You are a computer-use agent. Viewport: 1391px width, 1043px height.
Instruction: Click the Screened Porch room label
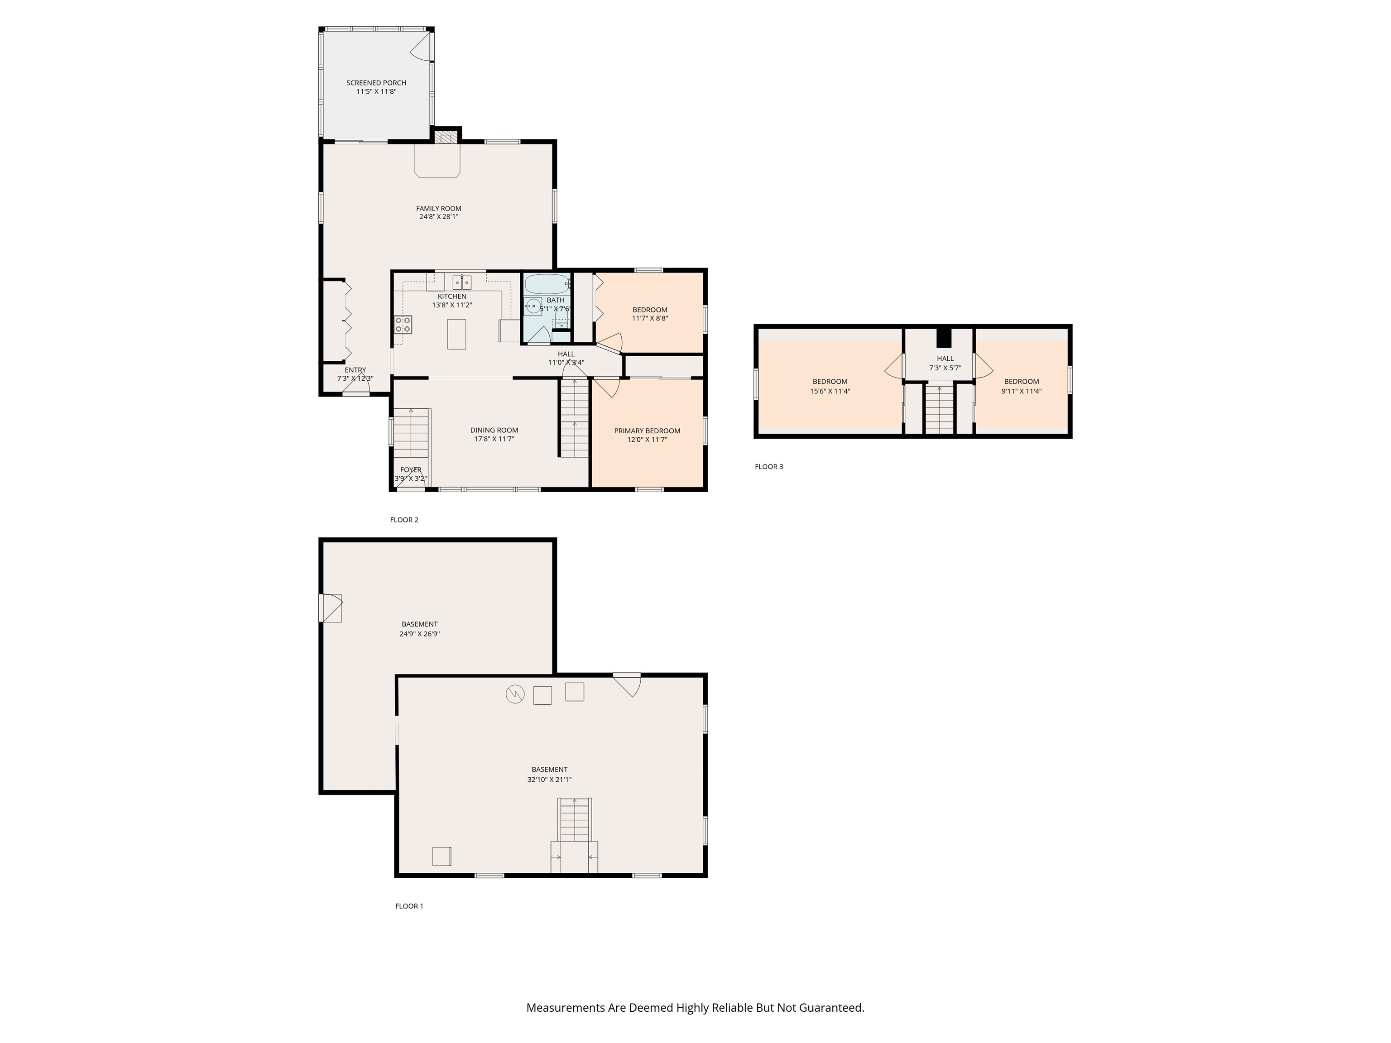(x=376, y=83)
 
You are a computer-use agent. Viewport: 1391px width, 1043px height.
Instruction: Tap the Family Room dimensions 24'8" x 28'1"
(x=439, y=217)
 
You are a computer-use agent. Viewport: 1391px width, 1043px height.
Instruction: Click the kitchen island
(x=456, y=334)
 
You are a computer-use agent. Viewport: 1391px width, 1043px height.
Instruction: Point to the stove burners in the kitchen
(x=403, y=325)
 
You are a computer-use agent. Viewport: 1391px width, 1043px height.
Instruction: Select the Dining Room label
(x=494, y=431)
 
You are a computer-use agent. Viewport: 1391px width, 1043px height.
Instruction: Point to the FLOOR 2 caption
(x=404, y=520)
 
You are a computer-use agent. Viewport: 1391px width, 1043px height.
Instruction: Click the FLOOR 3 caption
(x=769, y=466)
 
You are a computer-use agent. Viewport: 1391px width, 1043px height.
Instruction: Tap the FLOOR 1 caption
(x=409, y=906)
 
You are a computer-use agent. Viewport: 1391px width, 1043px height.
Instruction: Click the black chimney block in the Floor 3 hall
(x=944, y=338)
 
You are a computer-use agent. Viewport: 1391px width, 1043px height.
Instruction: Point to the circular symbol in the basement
(x=515, y=694)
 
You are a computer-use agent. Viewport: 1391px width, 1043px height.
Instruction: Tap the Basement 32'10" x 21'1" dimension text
(x=550, y=780)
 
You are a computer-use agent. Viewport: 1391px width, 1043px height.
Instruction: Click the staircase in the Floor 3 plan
(x=940, y=409)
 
